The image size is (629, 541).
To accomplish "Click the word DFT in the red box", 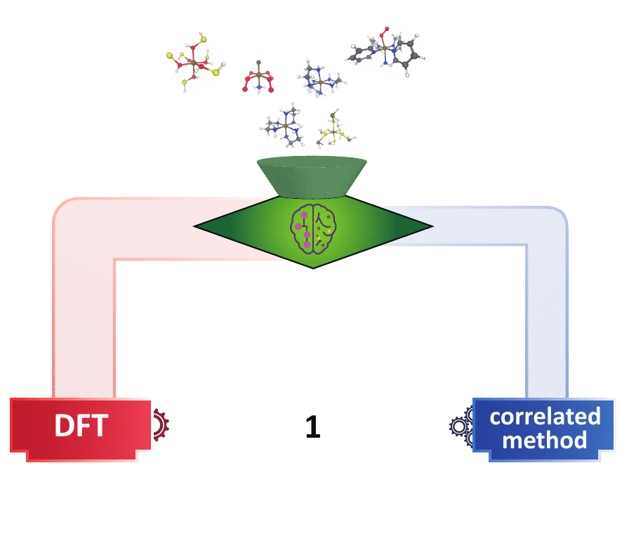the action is click(x=81, y=425).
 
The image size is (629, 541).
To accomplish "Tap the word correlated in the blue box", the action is click(x=545, y=417).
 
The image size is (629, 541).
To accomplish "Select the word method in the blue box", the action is click(x=544, y=441).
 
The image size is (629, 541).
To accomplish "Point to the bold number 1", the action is click(x=313, y=426).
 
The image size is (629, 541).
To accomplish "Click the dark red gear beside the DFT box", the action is click(x=161, y=424).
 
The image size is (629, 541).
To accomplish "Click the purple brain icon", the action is click(x=313, y=229).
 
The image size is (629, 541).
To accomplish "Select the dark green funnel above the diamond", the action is click(x=312, y=177).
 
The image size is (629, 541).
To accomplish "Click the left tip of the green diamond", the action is click(x=194, y=226).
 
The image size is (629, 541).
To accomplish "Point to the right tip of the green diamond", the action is click(x=433, y=226).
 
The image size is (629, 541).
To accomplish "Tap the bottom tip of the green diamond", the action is click(x=313, y=268).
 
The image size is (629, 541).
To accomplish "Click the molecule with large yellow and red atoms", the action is click(x=195, y=63).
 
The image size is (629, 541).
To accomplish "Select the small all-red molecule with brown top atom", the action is click(x=258, y=77).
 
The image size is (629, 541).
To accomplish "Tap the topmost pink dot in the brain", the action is click(x=304, y=215).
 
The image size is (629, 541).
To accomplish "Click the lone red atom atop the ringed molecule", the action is click(x=387, y=30).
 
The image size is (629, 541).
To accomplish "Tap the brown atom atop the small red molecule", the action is click(x=259, y=63).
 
